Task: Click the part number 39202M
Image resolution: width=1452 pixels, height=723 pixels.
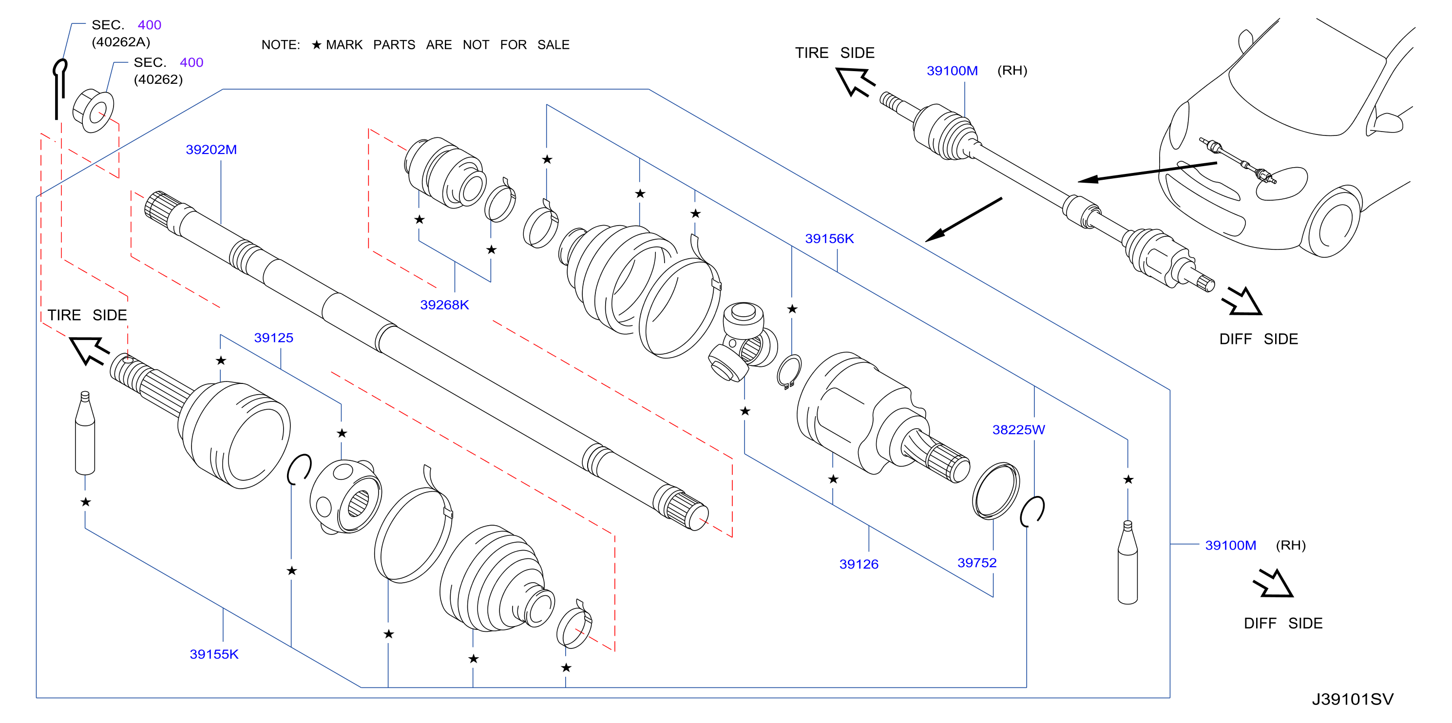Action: pos(211,150)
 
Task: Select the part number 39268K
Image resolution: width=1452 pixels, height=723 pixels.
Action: pos(444,305)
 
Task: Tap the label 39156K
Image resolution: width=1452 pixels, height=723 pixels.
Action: pos(829,238)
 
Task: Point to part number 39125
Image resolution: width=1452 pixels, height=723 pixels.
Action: pos(273,338)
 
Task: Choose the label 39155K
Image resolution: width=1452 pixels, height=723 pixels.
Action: pos(214,654)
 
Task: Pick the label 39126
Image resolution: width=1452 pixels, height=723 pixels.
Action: pos(859,564)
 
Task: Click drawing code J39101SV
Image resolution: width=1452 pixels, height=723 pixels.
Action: pos(1352,699)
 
